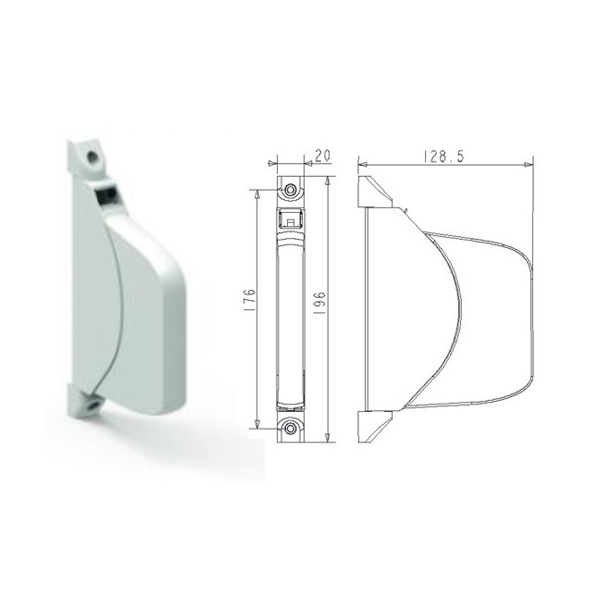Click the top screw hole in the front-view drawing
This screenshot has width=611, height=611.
click(x=292, y=189)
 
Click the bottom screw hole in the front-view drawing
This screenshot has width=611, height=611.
click(x=292, y=429)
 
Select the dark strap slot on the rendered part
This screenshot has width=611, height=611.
click(x=104, y=194)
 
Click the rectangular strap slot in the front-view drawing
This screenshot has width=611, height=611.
click(x=292, y=220)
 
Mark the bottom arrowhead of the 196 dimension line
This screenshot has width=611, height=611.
click(x=328, y=443)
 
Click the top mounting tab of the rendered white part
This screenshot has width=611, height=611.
click(x=88, y=156)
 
